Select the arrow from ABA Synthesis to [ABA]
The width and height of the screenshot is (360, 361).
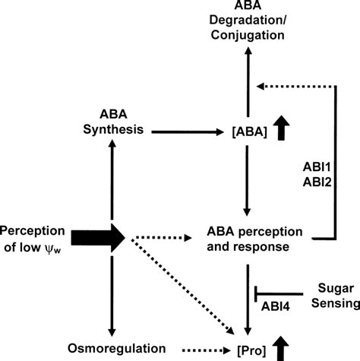pos(183,131)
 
